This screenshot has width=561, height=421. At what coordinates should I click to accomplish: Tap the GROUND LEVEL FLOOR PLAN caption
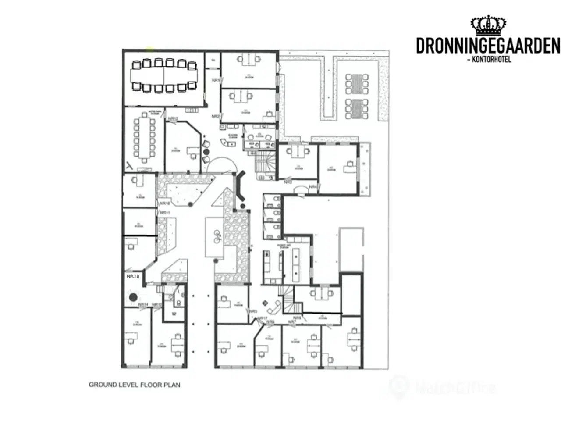pos(135,385)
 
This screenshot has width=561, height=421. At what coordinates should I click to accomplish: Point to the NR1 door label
pos(215,80)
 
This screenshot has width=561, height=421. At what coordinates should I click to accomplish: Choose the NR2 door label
pos(215,116)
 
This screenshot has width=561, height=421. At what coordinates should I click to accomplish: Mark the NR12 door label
pos(173,119)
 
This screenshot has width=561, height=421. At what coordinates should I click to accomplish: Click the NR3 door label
pos(288,182)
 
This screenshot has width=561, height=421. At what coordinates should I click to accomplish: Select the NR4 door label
pos(312,187)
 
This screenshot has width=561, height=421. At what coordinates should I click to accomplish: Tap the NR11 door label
pos(165,212)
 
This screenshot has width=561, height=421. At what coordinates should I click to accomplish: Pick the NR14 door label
pos(143,304)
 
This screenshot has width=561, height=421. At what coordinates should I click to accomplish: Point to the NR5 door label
pos(253,311)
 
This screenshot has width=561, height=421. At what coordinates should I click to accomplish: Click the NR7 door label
pos(292,322)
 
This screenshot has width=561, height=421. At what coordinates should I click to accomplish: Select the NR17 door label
pos(263,318)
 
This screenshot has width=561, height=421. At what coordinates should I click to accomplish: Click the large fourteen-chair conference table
pos(164,75)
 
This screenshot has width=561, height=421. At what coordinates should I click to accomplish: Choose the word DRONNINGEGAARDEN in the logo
pos(488,46)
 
